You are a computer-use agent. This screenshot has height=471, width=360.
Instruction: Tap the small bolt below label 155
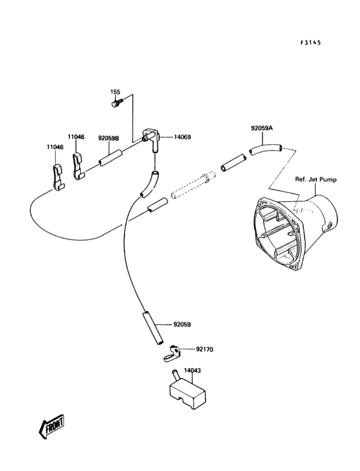coord(116,102)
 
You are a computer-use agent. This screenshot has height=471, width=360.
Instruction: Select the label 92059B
coord(109,138)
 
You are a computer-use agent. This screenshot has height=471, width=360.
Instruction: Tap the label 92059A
coord(262,128)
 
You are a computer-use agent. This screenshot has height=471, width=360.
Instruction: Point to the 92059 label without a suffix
coord(183,325)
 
